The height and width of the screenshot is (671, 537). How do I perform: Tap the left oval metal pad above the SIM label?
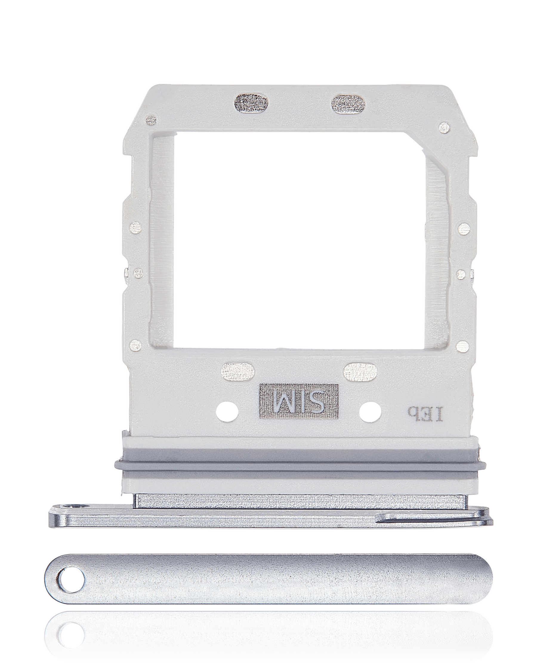click(237, 371)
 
